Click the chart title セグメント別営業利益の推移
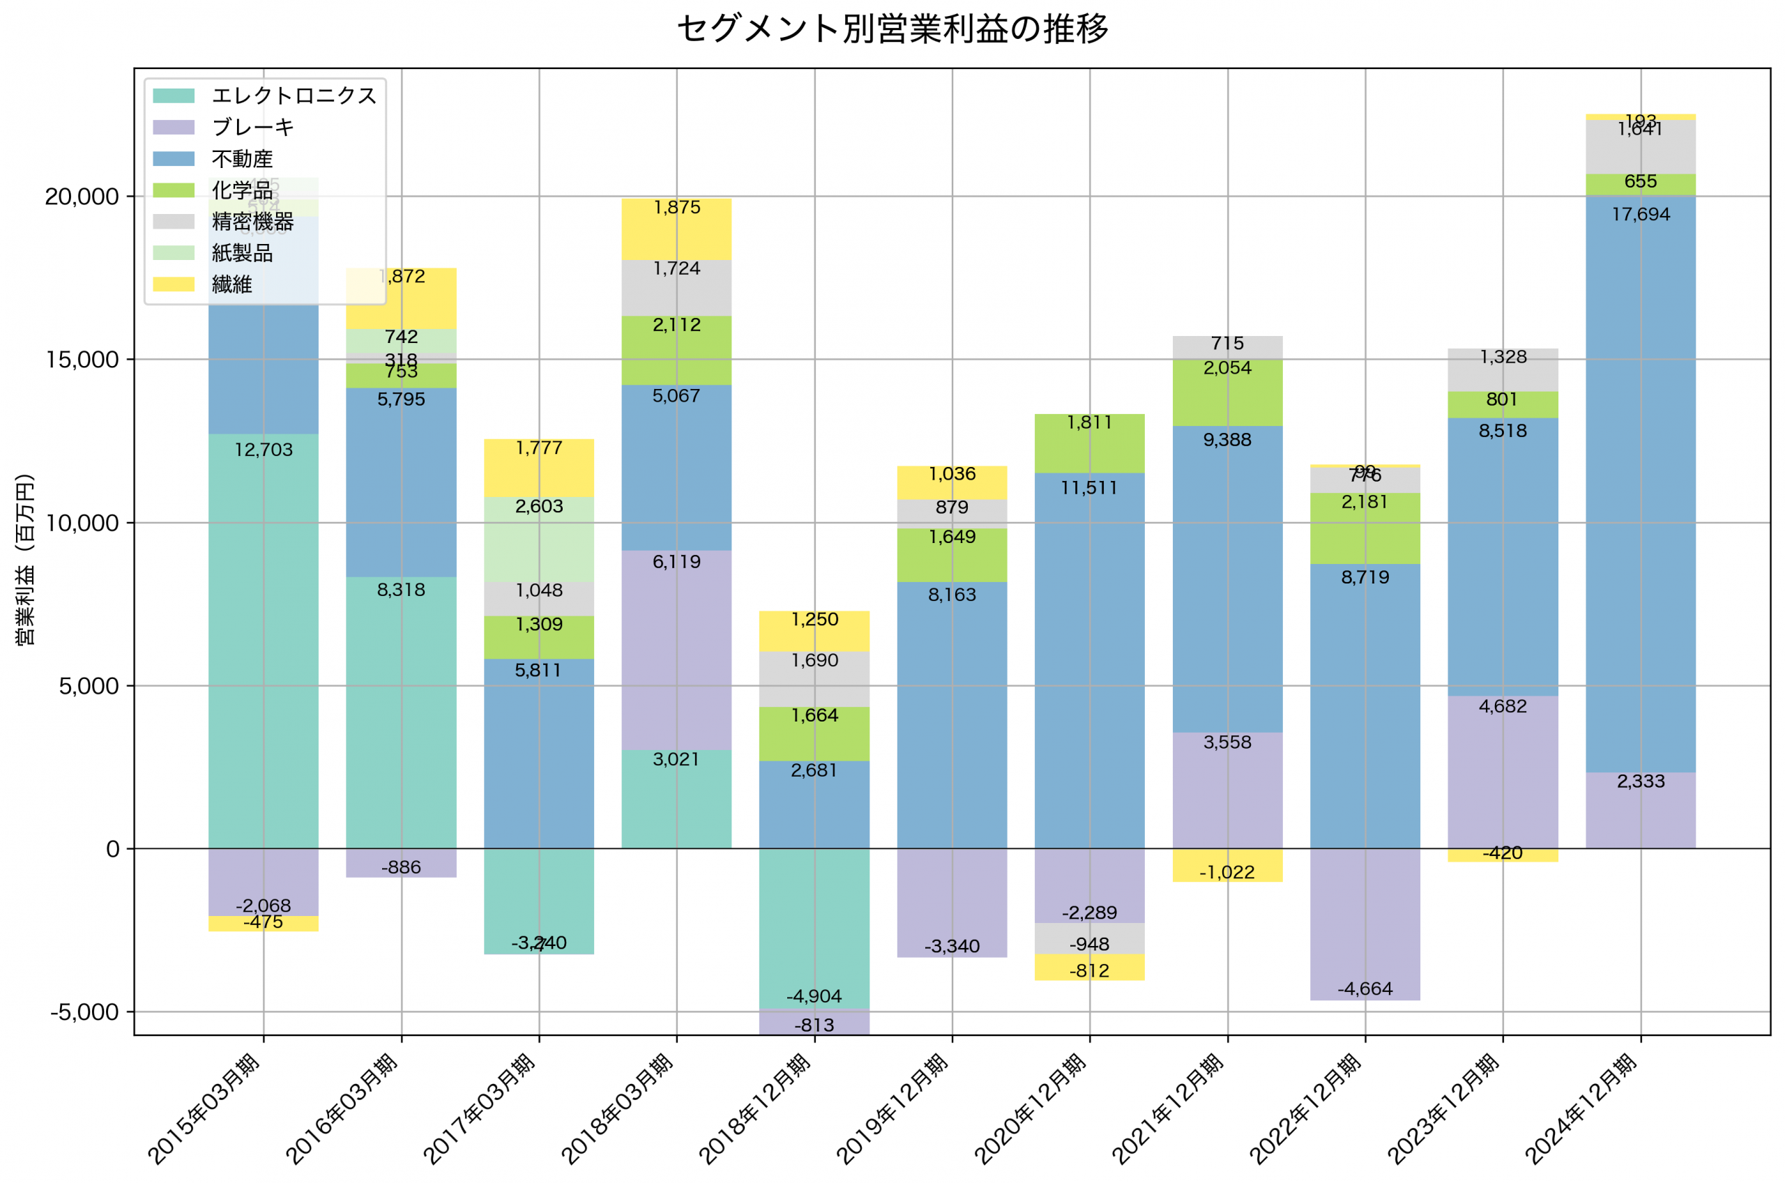coord(892,29)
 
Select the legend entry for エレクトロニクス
coord(294,96)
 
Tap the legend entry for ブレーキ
coord(252,128)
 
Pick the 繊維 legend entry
coord(231,284)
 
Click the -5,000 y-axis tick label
coord(84,1012)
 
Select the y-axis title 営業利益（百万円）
coord(25,560)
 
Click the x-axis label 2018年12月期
coord(754,1108)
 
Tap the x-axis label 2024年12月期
coord(1580,1108)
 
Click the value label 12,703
coord(264,450)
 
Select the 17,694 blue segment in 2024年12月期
coord(1640,483)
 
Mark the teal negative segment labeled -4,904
coord(814,928)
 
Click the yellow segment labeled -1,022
coord(1227,865)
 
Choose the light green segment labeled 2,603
coord(539,540)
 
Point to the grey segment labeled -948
coord(1089,938)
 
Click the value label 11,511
coord(1089,488)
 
